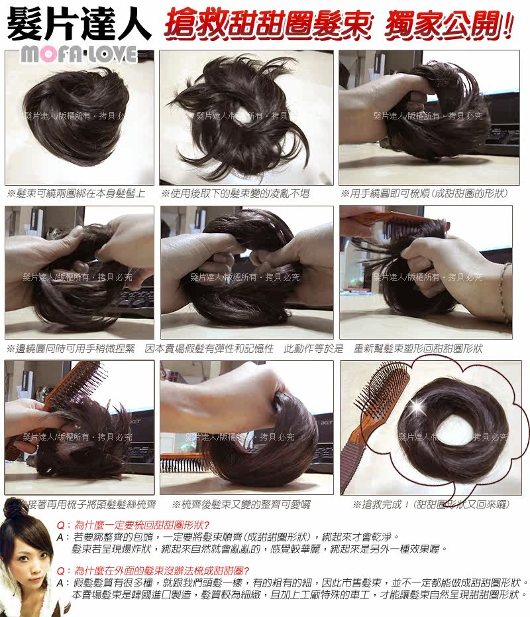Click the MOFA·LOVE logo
(78, 54)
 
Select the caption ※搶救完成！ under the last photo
(431, 505)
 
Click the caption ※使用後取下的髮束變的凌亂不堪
(236, 194)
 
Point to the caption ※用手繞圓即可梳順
(424, 194)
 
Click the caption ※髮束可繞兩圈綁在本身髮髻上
(76, 194)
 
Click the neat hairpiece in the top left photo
(76, 106)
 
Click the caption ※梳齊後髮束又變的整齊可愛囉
(242, 505)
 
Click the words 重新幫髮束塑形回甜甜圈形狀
(419, 348)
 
